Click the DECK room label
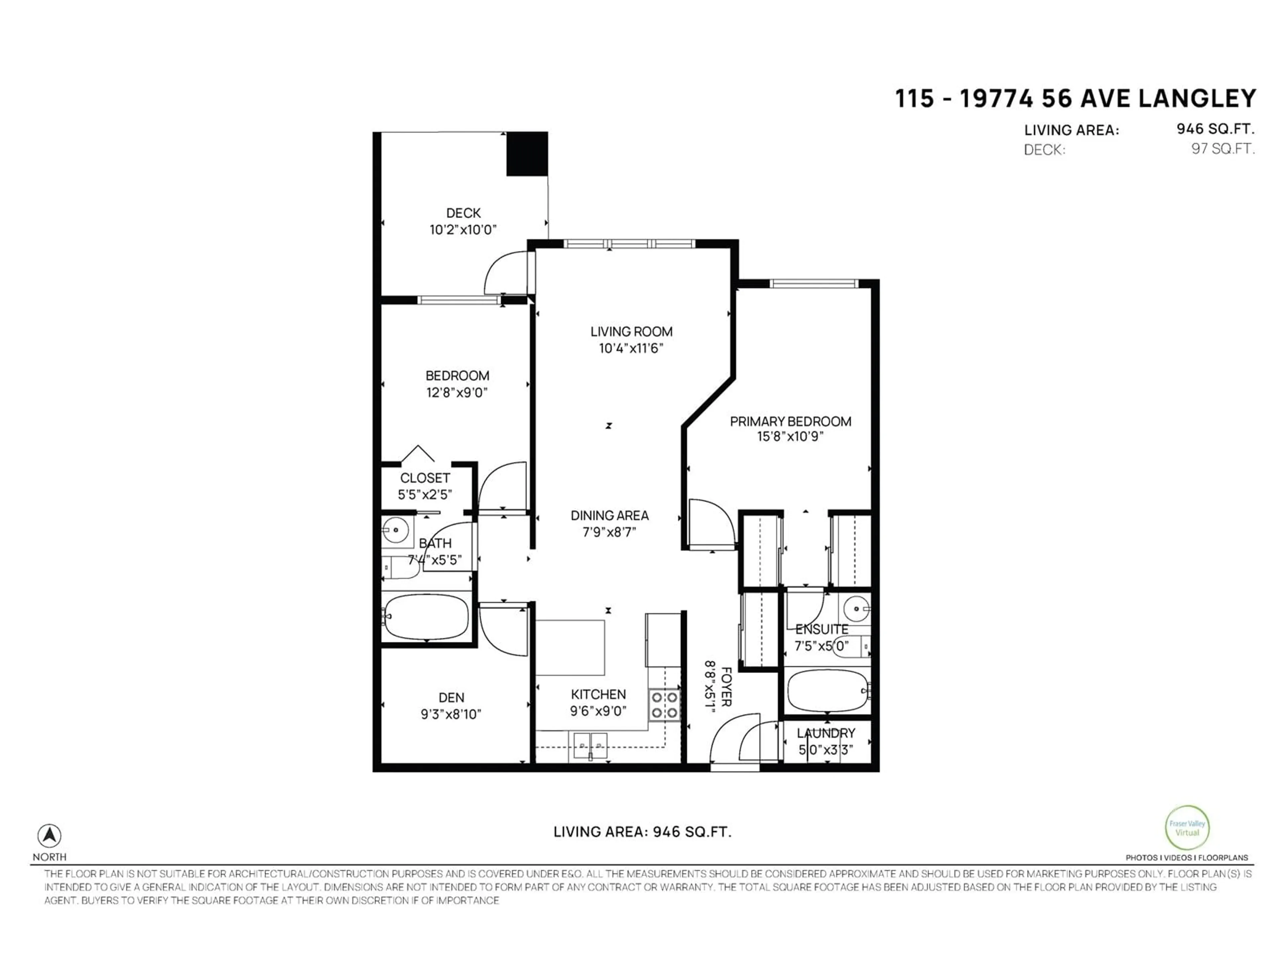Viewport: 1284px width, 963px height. [x=463, y=213]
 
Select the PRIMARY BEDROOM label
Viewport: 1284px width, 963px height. [x=790, y=421]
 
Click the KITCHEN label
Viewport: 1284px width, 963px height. [x=599, y=694]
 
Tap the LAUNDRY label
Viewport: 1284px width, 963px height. [x=826, y=733]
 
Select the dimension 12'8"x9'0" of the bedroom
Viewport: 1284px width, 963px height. [x=457, y=393]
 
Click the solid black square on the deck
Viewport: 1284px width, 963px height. [x=527, y=154]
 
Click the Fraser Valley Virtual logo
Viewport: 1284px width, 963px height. [x=1187, y=828]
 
